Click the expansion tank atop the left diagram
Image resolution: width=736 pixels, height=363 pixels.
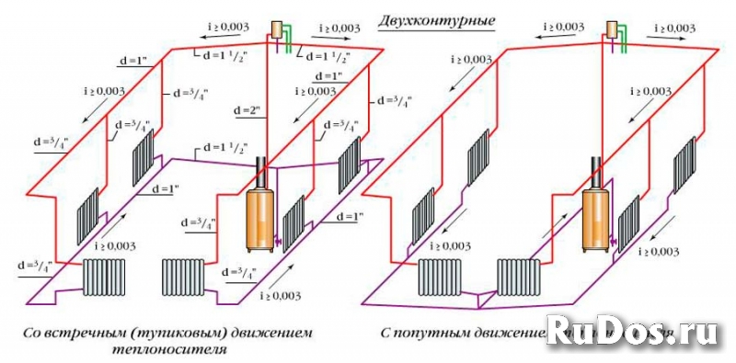coord(275,26)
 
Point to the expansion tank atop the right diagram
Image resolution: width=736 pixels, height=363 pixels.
coord(610,26)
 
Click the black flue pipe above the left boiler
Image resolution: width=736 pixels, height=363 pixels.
coord(261,173)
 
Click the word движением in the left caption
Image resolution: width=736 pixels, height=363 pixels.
coord(273,331)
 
